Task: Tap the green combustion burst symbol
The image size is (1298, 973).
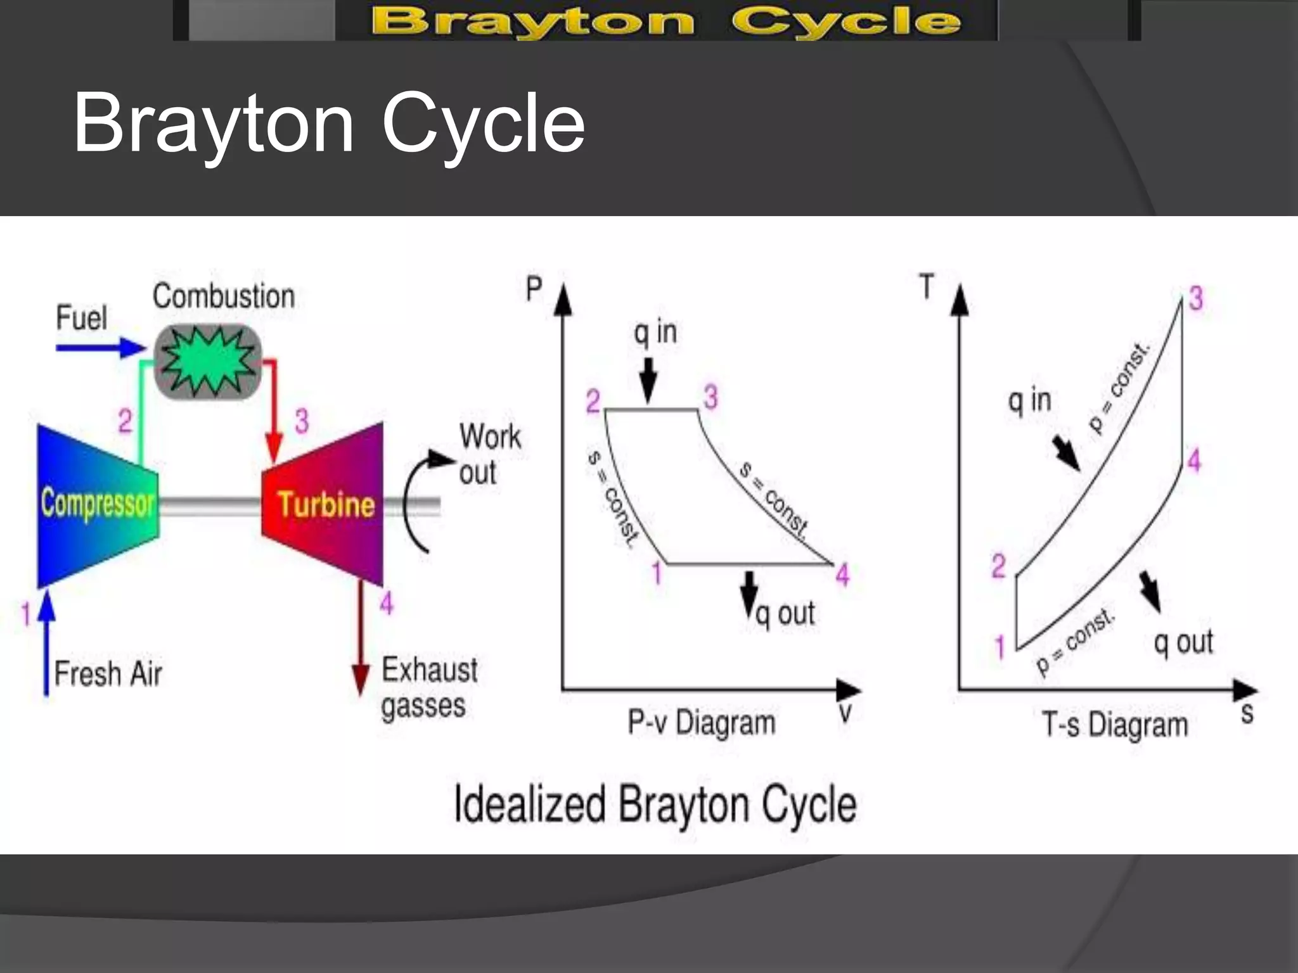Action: (x=207, y=361)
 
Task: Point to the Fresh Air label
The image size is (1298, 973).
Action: (x=108, y=673)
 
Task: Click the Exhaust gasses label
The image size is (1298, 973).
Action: (x=429, y=687)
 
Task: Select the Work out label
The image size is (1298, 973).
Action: (x=490, y=454)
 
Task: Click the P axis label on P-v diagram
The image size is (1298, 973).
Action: (x=534, y=289)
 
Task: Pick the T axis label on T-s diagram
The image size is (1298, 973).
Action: (x=927, y=286)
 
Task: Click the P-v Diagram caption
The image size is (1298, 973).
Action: (x=701, y=723)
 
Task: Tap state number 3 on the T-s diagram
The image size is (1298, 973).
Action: (x=1196, y=298)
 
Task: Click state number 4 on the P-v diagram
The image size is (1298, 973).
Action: (x=842, y=575)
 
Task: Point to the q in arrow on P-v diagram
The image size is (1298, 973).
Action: (x=648, y=380)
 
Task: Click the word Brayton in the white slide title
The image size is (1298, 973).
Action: (x=213, y=123)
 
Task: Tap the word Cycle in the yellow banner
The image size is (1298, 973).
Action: (x=846, y=22)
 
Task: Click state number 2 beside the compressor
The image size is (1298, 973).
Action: (x=125, y=421)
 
